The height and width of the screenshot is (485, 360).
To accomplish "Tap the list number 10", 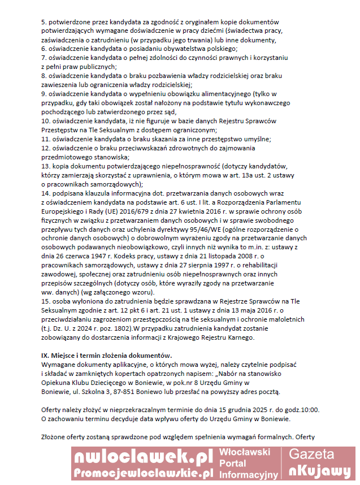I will pos(45,121).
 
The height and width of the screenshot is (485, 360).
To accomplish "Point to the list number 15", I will pos(45,302).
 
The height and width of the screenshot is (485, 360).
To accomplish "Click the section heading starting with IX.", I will pos(106,355).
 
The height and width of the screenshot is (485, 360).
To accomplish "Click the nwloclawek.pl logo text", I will pos(144,456).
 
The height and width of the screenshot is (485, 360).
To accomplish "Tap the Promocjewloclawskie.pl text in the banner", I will pos(144,473).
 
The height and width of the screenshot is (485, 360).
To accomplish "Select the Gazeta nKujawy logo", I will pos(319,463).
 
